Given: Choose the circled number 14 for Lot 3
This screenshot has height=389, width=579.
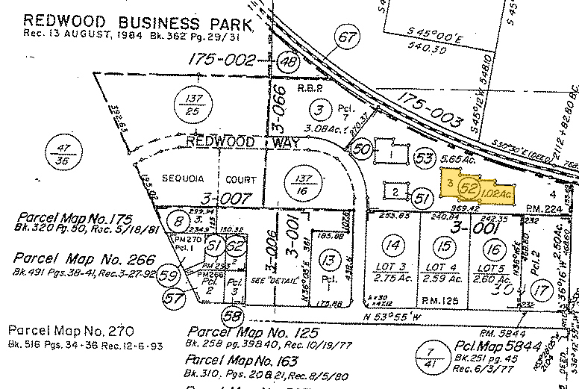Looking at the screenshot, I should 393,243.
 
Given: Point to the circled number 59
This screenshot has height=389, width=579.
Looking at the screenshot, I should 170,276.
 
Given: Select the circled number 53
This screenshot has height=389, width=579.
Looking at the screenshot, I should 424,158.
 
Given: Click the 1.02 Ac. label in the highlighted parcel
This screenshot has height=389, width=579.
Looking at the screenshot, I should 496,194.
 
